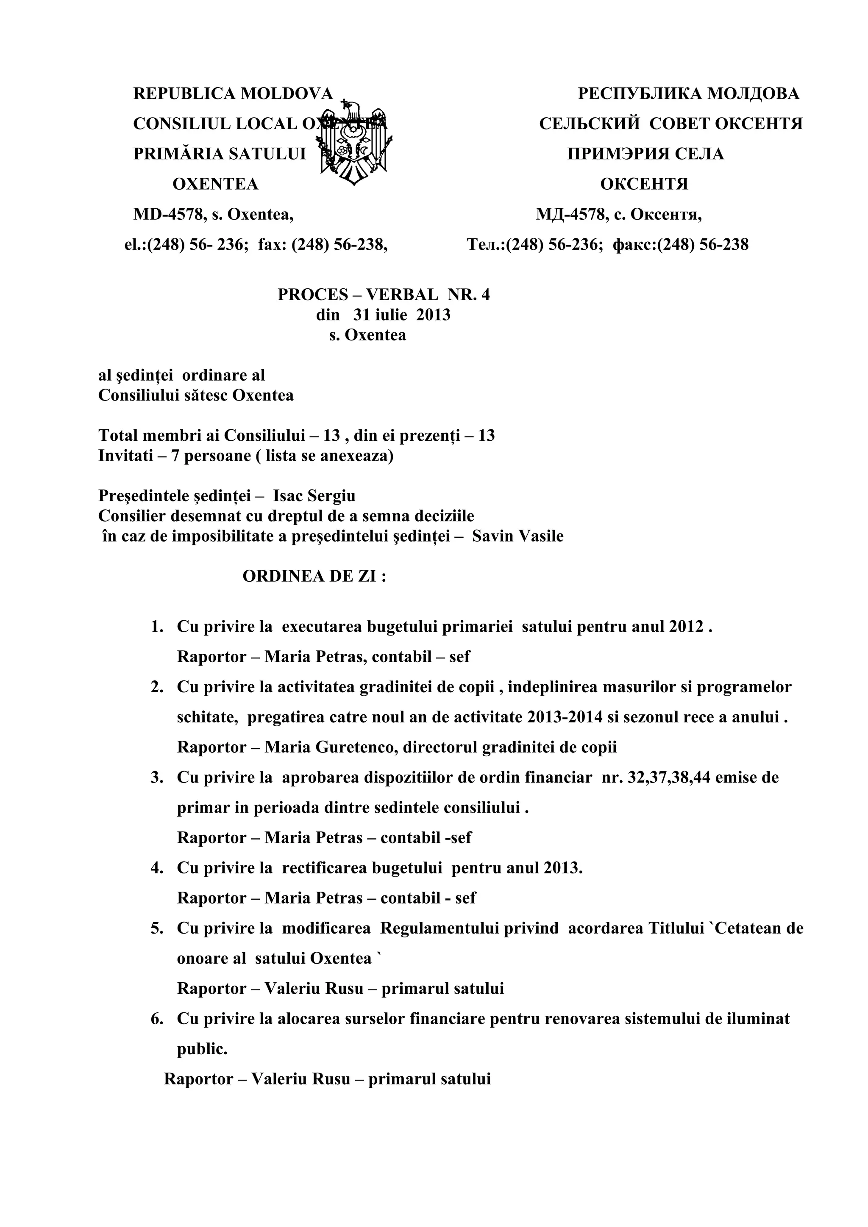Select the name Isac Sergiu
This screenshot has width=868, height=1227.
[314, 496]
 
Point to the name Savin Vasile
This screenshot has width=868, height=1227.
[517, 536]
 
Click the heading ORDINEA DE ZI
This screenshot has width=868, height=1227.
[314, 577]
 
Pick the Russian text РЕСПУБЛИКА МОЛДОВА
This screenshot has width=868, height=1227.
[688, 94]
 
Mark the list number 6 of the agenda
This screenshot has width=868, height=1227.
[157, 1019]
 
